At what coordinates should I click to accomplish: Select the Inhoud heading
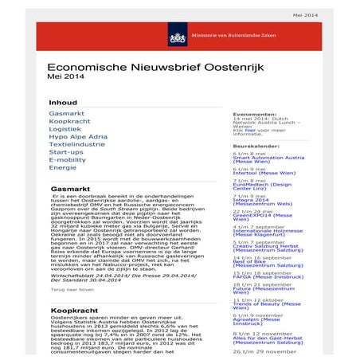(63, 103)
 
